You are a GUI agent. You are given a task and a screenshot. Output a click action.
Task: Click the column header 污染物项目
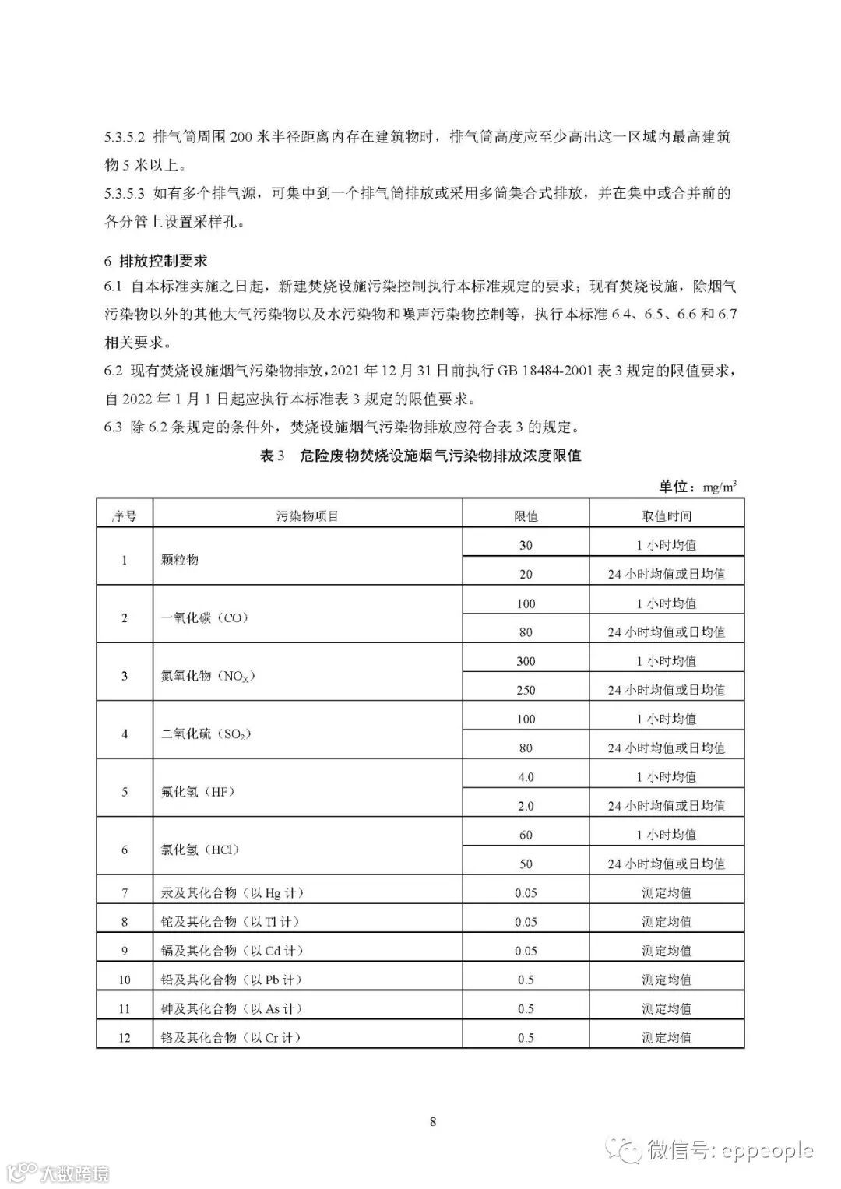coord(307,515)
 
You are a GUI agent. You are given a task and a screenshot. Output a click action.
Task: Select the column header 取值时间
coord(666,515)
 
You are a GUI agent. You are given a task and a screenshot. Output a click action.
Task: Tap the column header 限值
coord(526,515)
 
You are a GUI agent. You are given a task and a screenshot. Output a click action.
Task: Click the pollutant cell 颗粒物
coord(180,559)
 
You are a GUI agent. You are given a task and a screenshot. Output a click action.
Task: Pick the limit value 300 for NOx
coord(526,661)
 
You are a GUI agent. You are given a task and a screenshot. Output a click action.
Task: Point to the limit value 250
coord(526,690)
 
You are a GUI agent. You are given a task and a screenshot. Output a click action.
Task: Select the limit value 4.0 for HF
coord(526,777)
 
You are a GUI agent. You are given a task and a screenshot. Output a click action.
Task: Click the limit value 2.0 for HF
coord(526,806)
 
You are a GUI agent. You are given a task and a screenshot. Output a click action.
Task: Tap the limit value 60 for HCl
coord(526,835)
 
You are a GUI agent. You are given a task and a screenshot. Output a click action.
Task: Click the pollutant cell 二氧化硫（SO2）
coord(206,733)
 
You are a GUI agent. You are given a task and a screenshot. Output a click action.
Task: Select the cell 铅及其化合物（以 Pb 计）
coord(231,980)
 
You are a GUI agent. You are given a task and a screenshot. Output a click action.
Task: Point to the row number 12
coord(125,1037)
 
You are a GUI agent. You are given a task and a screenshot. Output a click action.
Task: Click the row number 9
coord(125,951)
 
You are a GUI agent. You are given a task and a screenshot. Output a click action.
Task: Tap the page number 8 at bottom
coord(433,1121)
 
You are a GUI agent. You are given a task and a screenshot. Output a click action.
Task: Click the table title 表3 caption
coord(420,456)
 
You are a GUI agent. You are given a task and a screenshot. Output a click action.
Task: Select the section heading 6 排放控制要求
coord(156,260)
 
